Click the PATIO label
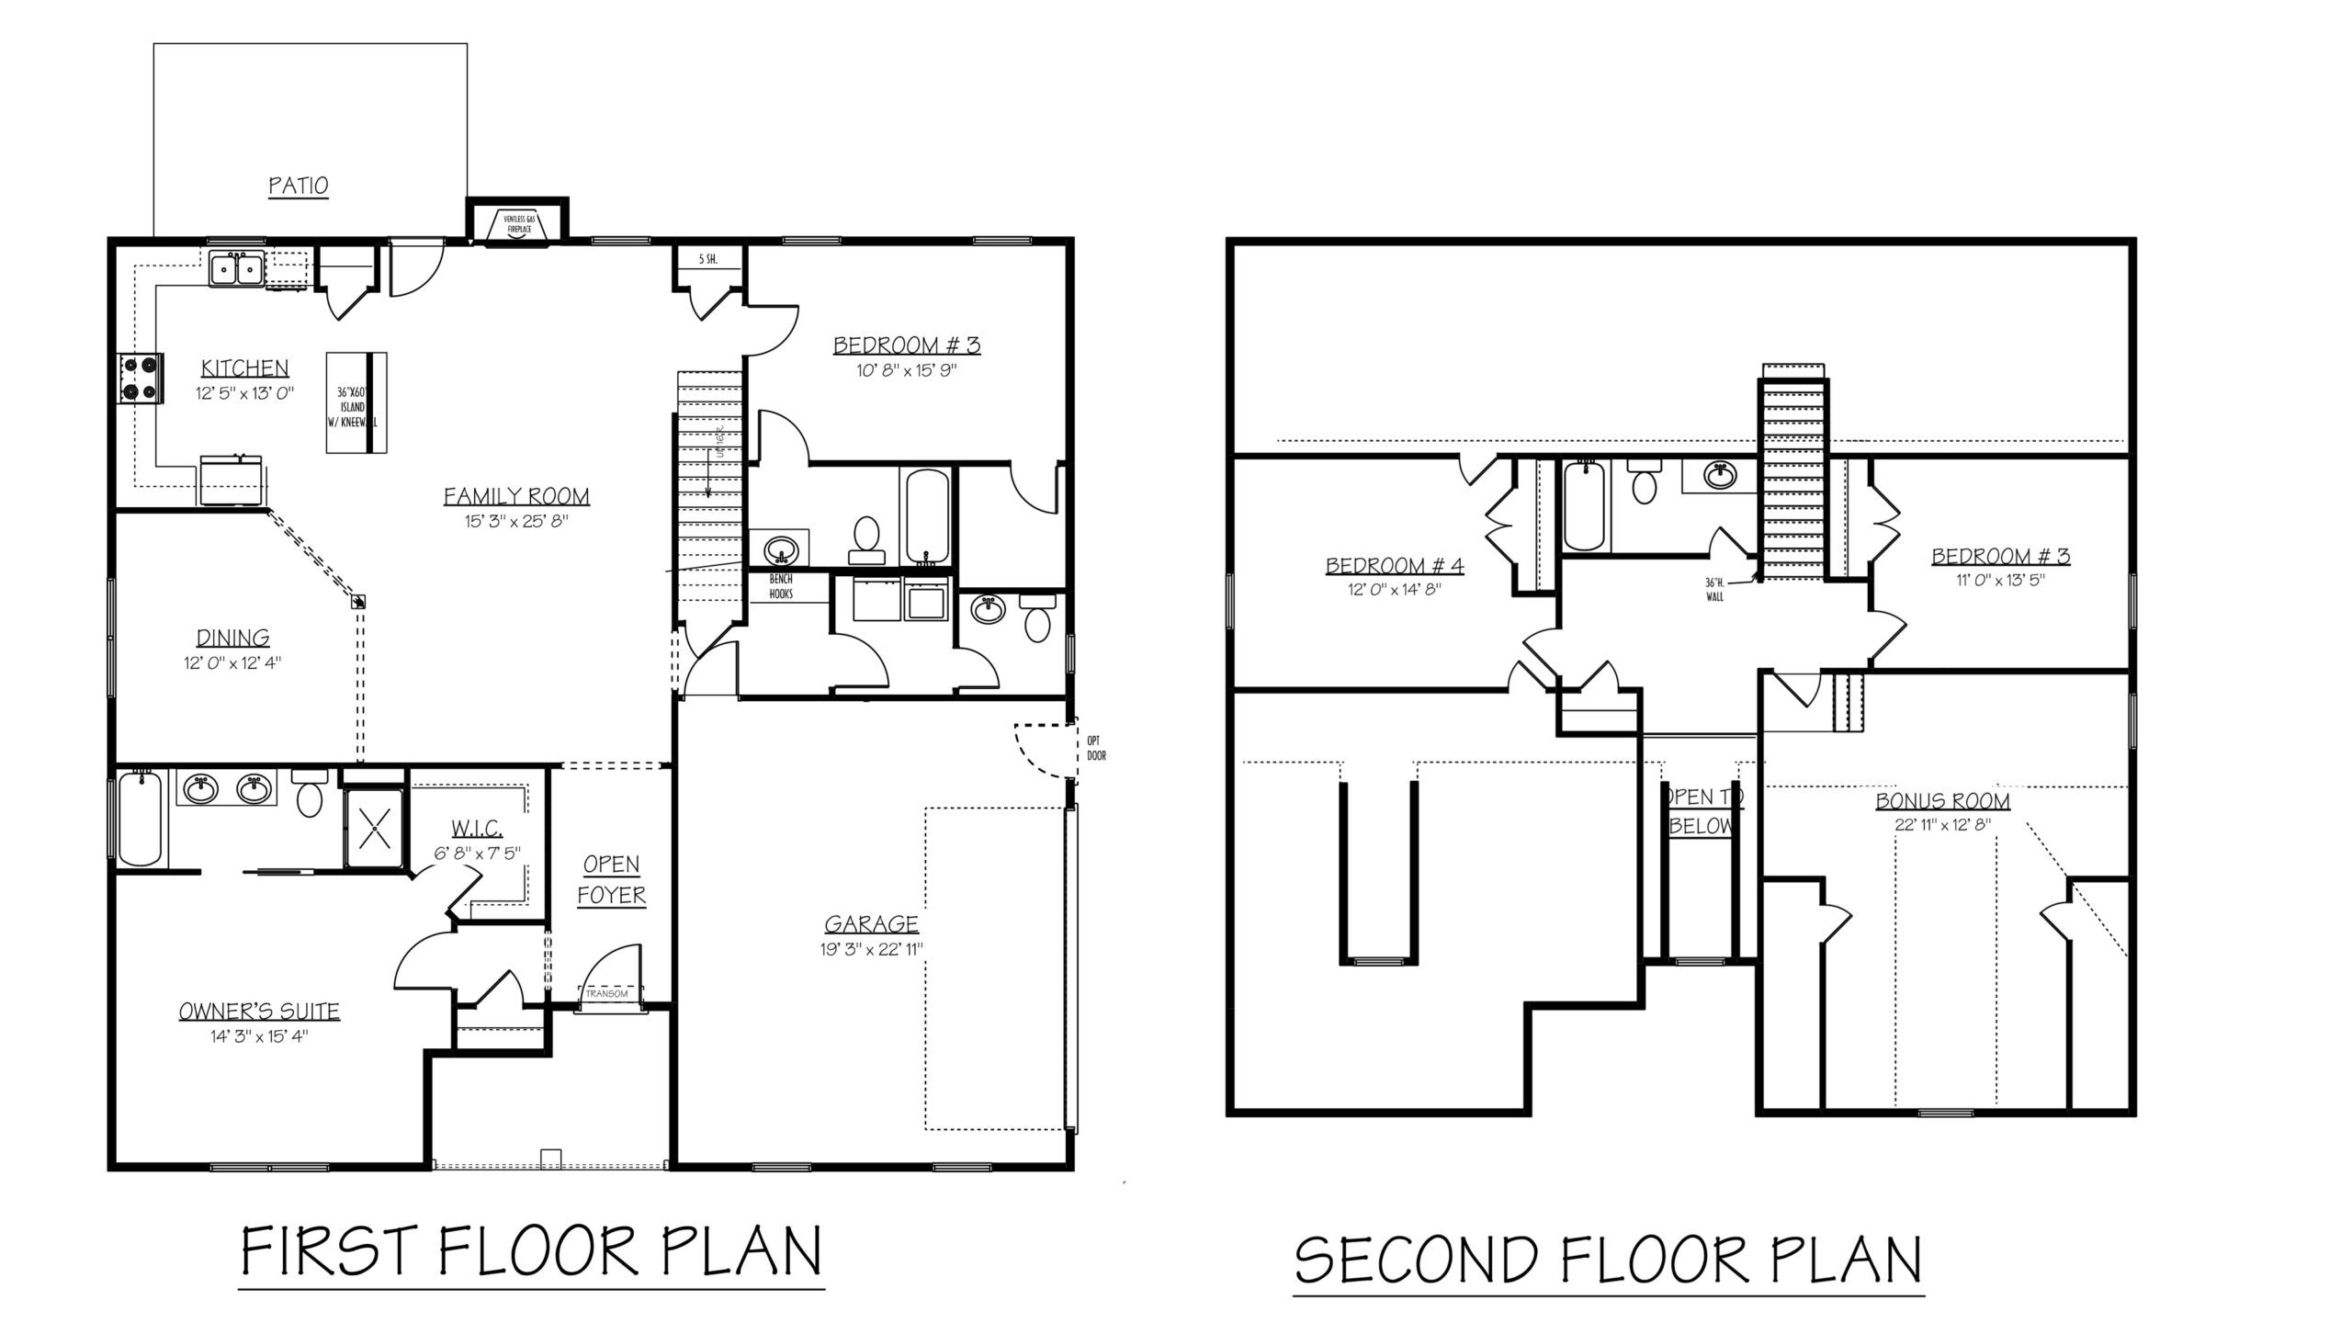point(299,186)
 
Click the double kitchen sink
point(237,269)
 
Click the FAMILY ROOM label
point(516,497)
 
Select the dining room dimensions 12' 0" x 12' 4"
point(232,661)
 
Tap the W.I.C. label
point(475,828)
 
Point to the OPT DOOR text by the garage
point(1095,748)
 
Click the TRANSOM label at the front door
point(606,994)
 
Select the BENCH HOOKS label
point(781,587)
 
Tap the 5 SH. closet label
point(707,260)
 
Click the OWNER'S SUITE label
point(259,1012)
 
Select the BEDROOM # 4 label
point(1394,566)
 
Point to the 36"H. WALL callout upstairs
point(1714,589)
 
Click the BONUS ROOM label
point(1942,801)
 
